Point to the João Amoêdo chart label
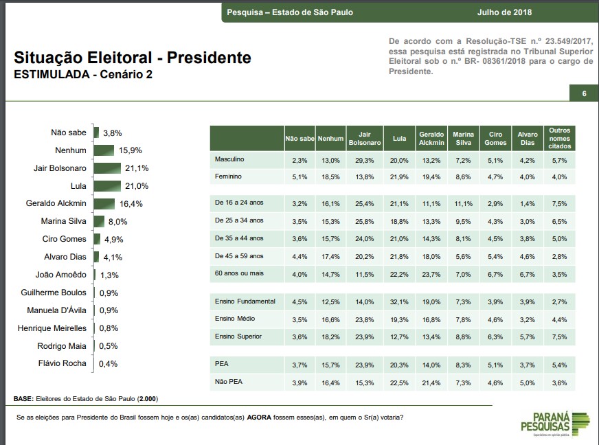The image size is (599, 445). point(61,275)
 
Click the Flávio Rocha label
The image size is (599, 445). point(63,363)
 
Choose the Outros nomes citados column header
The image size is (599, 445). point(559,138)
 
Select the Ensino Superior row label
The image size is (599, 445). point(238,336)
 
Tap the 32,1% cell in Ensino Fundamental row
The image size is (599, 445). point(399,301)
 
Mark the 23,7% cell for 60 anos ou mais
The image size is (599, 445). point(431,275)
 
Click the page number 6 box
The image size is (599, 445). point(583,94)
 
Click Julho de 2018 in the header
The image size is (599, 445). point(504,12)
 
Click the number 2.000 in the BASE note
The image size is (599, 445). point(148,399)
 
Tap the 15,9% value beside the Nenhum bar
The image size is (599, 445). point(131,150)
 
